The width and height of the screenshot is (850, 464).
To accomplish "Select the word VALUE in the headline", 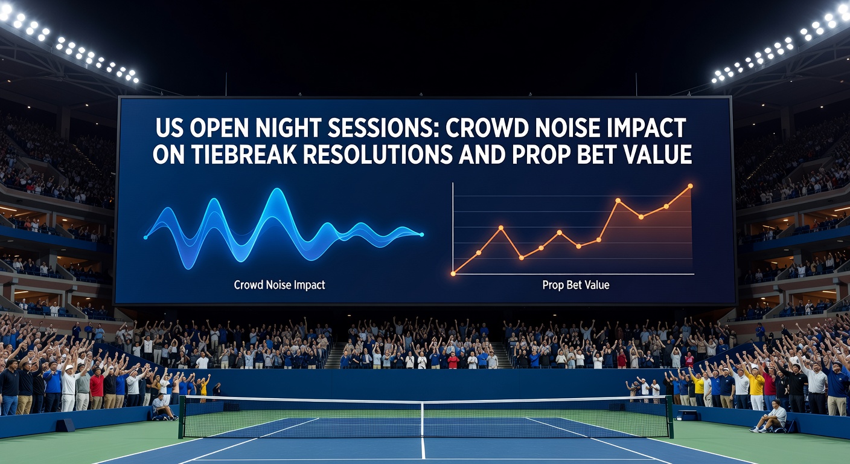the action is pos(654,154).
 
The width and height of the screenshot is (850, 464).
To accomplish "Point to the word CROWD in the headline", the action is pos(487,128).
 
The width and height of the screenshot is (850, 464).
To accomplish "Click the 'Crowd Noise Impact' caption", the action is pos(280,285).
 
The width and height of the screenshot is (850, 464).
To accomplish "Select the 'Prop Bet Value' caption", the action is pos(576,285).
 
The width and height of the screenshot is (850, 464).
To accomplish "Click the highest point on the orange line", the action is pos(690,186).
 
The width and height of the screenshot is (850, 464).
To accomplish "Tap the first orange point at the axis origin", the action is pos(453,274).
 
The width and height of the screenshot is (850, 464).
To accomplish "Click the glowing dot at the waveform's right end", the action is pos(421,234).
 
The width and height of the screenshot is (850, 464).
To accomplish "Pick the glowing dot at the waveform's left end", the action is pos(145,237).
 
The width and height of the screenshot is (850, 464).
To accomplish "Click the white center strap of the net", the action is pos(423,419).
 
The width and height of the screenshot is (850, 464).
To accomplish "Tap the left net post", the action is pos(182,416).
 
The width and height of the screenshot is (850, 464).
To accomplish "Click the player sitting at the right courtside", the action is pos(770,416).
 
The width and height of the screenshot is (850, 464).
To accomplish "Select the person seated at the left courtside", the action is pos(163,407).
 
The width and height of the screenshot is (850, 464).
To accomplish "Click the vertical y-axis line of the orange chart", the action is pos(453,228).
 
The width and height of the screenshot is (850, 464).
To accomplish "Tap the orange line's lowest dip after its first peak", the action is pos(522,258).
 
